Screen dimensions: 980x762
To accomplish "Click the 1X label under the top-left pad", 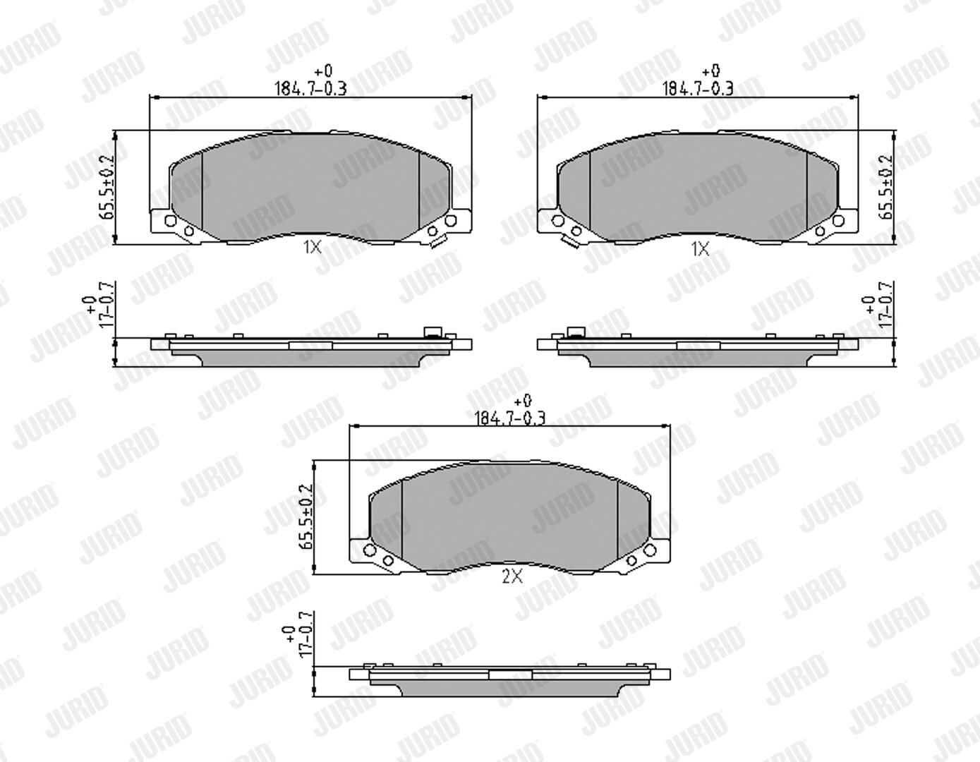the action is tap(312, 247).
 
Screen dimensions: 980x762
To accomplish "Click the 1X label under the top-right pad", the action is tap(700, 248).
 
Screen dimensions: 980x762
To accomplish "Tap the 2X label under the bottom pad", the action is tap(512, 576).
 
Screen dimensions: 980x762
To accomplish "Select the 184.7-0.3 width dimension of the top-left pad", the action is tap(310, 88).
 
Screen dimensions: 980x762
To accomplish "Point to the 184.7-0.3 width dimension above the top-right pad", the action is tap(698, 88).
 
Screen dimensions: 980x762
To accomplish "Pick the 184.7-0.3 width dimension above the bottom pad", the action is tap(511, 418).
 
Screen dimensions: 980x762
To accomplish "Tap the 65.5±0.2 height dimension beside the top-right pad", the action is tap(885, 187).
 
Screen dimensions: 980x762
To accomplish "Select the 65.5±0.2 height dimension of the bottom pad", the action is tap(306, 516).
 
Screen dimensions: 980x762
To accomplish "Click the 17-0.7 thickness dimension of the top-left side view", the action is tap(106, 305).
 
